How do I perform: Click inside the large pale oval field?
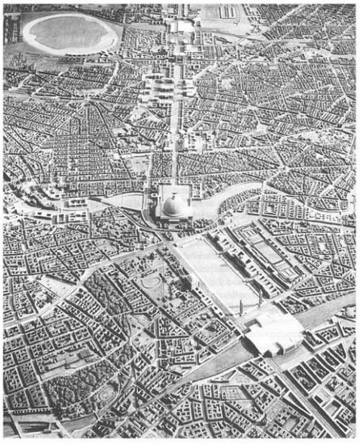tap(70, 32)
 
